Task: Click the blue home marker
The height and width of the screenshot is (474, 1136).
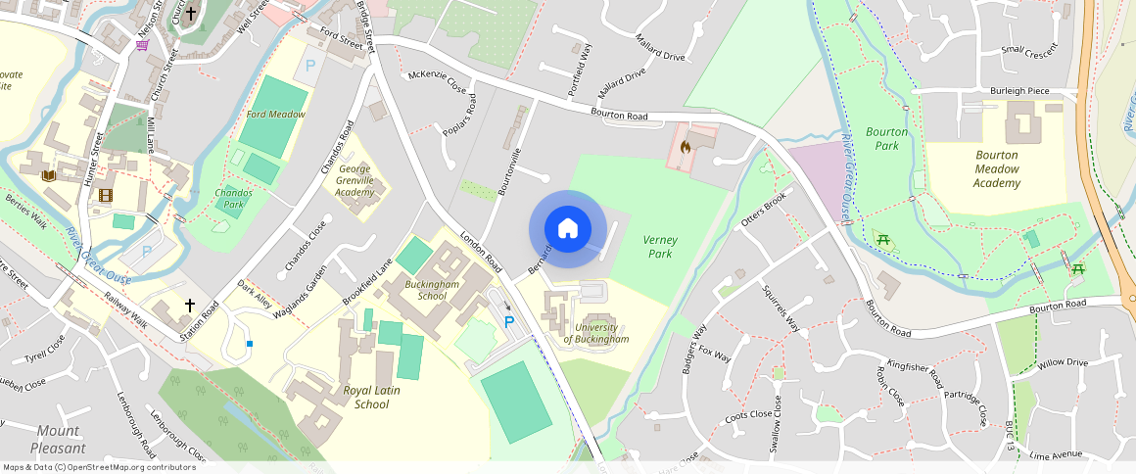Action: tap(567, 229)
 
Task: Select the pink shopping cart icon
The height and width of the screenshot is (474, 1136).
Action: tap(143, 44)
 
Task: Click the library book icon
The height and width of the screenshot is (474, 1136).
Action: tap(49, 176)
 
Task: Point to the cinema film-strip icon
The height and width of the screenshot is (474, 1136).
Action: tap(105, 195)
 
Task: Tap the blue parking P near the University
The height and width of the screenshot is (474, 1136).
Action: tap(509, 321)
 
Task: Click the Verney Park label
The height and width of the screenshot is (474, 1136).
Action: tap(660, 247)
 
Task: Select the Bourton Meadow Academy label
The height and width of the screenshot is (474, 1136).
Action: tap(997, 168)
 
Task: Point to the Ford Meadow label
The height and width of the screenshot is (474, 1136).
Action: tap(276, 115)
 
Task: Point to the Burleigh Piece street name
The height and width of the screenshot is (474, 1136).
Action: tap(1018, 91)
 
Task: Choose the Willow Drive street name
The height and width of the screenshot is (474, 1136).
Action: tap(1063, 362)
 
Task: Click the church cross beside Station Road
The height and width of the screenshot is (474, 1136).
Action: tap(190, 307)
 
